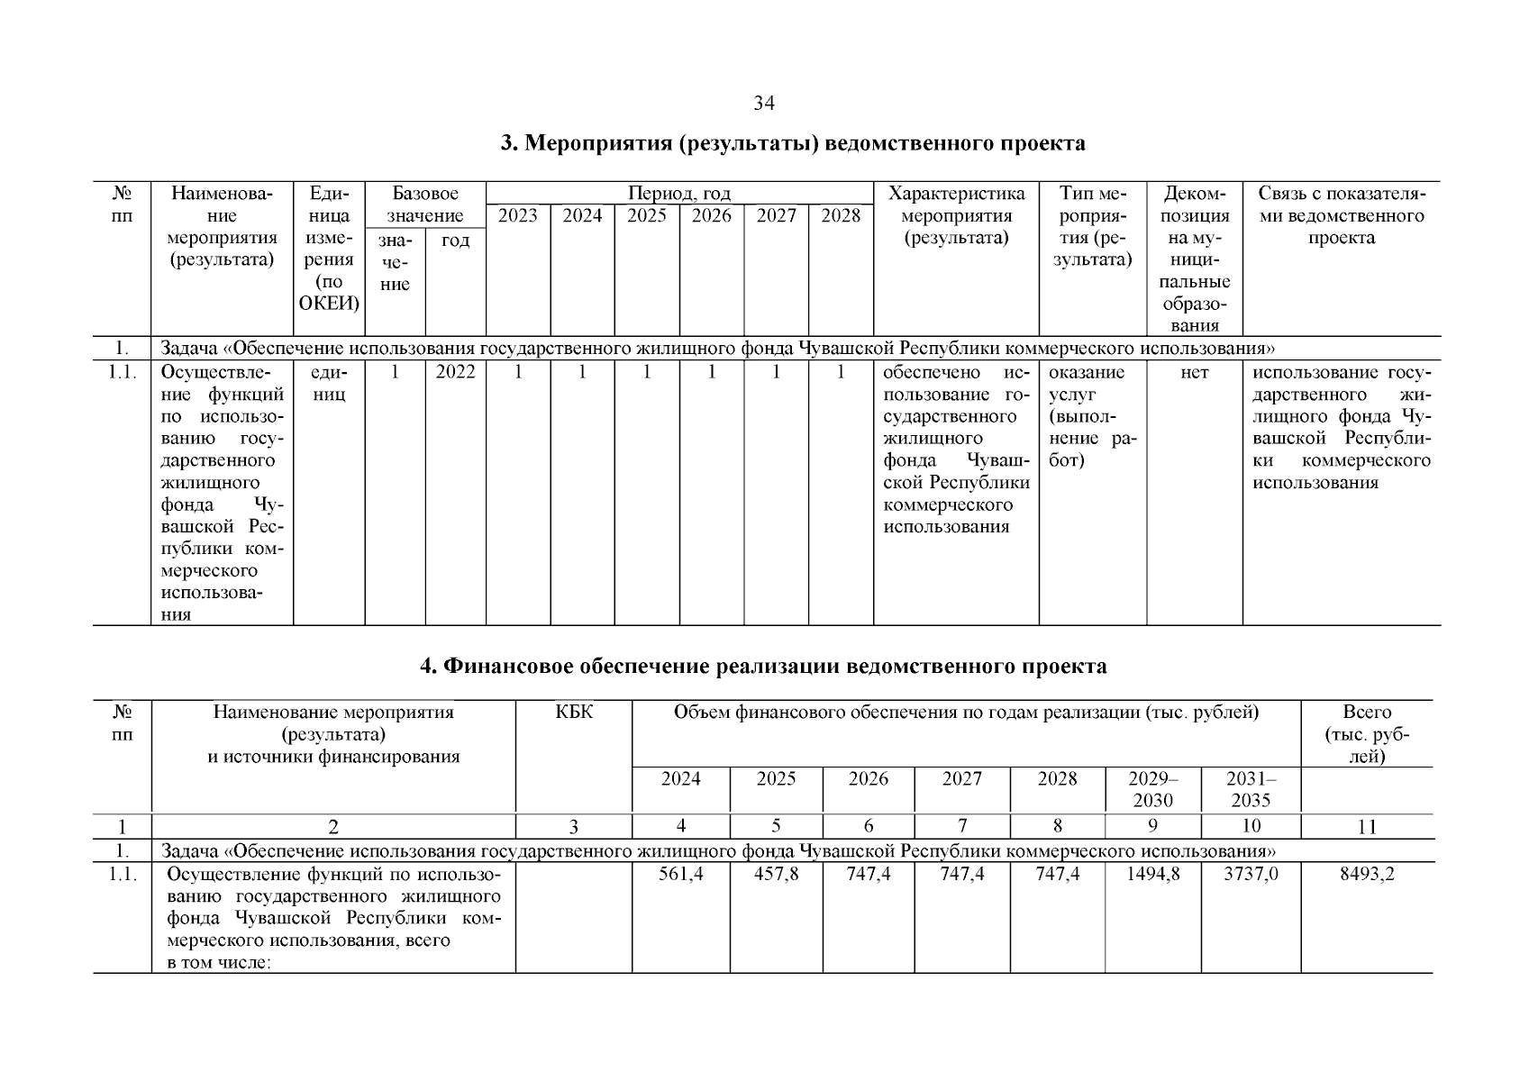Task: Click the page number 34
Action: pos(764,104)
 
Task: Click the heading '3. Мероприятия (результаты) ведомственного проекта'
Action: pos(793,144)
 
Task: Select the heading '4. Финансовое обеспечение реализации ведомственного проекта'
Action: pos(764,667)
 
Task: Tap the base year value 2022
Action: pos(455,372)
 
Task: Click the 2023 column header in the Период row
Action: pos(518,216)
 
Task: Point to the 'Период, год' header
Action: pos(679,194)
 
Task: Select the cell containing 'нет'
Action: pos(1194,372)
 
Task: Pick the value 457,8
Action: pos(776,874)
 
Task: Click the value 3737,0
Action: pos(1251,874)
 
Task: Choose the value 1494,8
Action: pos(1152,874)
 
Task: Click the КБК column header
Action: pos(574,713)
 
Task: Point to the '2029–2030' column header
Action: pos(1152,789)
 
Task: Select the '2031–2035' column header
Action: pos(1251,789)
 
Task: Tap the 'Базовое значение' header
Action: pos(425,204)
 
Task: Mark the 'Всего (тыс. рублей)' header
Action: pos(1366,734)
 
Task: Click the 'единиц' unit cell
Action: pos(329,383)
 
